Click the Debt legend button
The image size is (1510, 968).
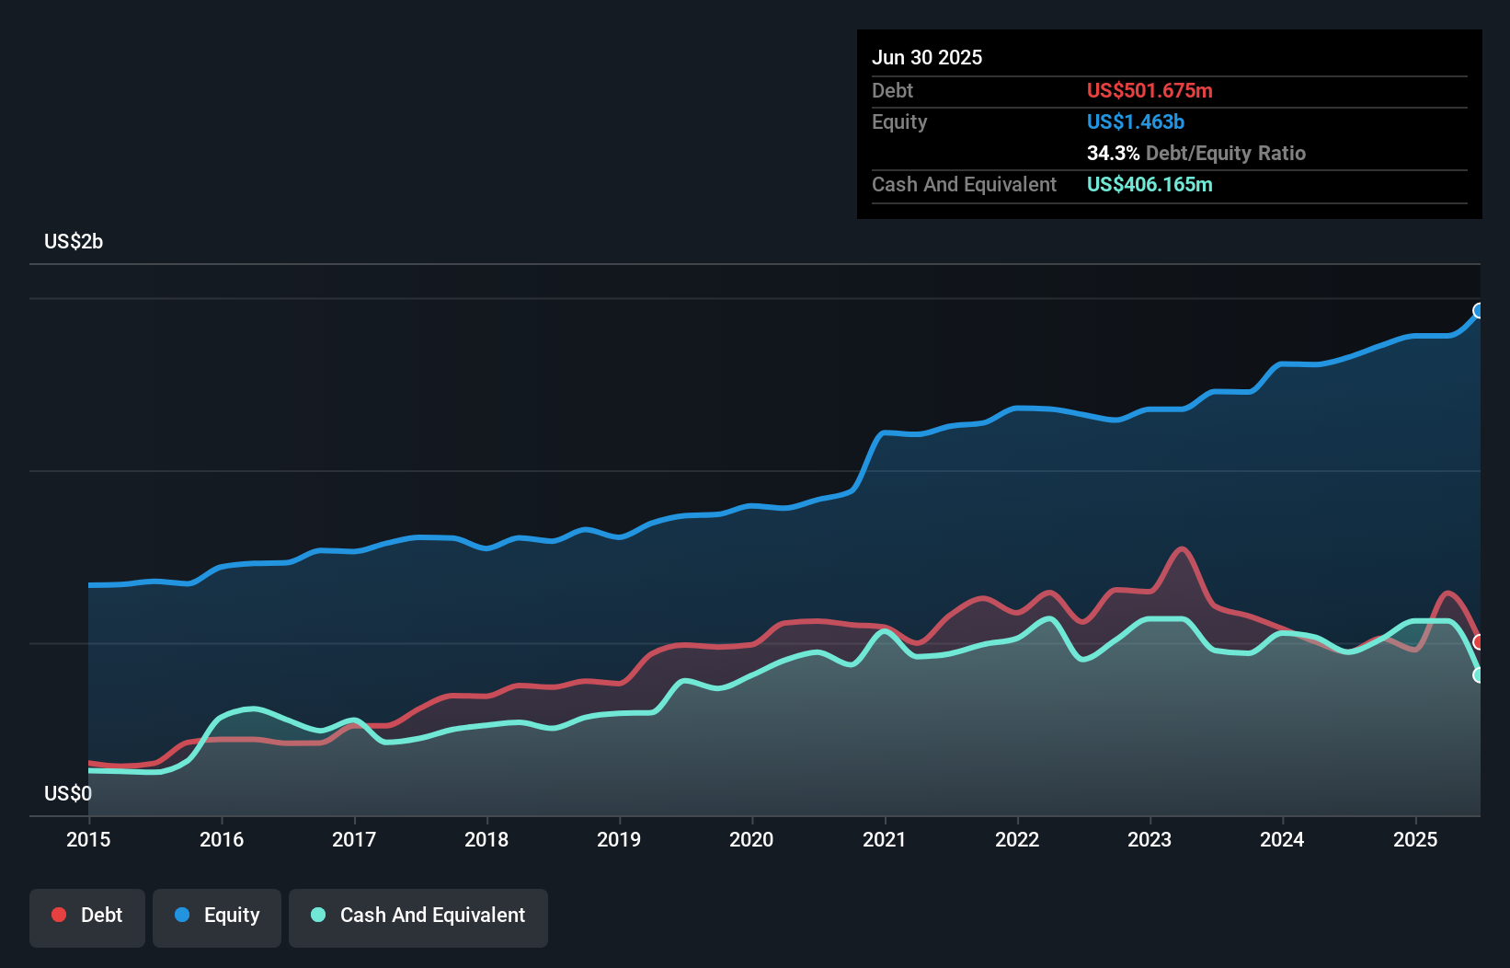click(87, 916)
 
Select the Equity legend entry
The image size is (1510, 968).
click(217, 916)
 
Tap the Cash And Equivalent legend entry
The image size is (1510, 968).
click(418, 916)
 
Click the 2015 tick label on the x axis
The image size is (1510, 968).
click(88, 839)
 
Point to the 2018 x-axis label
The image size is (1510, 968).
click(486, 839)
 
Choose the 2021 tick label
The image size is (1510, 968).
click(884, 839)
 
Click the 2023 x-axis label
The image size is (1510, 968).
click(1150, 839)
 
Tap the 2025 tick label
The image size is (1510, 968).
click(1415, 839)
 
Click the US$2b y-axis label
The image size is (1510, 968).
click(74, 242)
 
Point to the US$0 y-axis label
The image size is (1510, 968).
click(68, 793)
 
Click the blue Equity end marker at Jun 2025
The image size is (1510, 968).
click(1479, 311)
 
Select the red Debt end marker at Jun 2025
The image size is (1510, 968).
click(1479, 641)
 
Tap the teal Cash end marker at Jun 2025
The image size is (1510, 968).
click(1479, 675)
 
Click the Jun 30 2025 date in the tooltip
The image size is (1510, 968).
click(927, 58)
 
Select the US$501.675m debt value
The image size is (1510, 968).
click(1150, 91)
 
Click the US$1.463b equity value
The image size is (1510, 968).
click(1136, 122)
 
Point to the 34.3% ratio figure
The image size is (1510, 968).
click(1113, 154)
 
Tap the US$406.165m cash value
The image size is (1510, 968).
click(1150, 185)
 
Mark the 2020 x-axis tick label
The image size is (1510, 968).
click(751, 839)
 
